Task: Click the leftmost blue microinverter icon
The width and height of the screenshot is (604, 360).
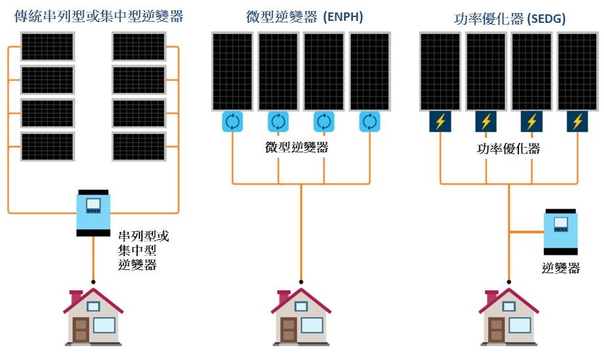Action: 233,121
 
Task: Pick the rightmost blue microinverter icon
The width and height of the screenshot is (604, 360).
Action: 370,121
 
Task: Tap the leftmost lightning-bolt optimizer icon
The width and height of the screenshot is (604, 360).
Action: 440,122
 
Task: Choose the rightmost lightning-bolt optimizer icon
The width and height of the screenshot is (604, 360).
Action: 577,122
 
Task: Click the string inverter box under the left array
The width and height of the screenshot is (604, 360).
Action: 93,212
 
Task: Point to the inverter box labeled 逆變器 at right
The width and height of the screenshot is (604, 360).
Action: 561,232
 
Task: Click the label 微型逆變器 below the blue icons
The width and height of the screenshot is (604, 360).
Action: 297,147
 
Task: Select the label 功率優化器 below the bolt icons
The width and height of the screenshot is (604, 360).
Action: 509,149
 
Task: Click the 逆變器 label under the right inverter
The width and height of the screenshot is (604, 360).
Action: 561,268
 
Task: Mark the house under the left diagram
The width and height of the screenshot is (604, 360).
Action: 93,317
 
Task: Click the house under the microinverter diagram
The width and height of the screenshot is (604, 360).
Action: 301,317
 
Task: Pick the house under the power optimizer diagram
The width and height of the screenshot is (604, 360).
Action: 509,317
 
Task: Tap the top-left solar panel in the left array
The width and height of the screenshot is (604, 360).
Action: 47,46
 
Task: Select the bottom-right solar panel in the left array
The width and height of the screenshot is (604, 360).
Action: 139,146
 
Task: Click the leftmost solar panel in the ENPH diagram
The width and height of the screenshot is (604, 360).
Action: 233,71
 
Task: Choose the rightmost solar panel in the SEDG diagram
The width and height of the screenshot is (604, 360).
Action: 577,71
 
